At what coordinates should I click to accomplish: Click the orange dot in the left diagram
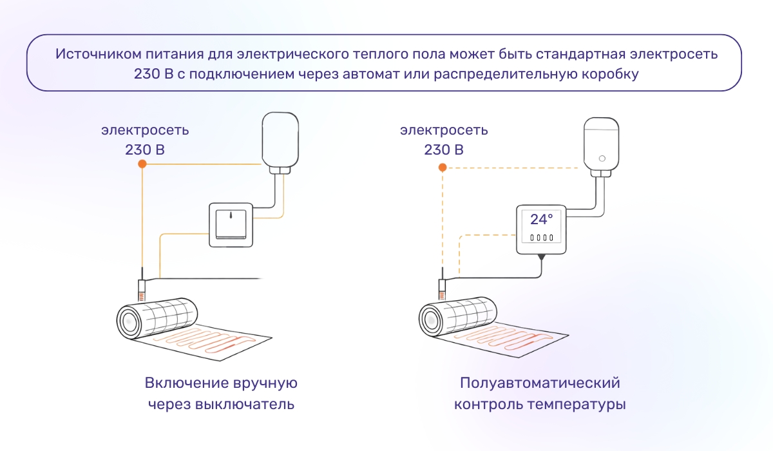tap(142, 164)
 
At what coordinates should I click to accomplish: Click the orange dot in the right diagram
tap(442, 168)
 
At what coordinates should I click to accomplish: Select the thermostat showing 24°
tap(541, 230)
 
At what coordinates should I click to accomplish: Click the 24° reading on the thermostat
tap(541, 219)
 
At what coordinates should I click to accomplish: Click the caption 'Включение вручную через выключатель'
tap(221, 394)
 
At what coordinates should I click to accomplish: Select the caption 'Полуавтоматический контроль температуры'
tap(540, 394)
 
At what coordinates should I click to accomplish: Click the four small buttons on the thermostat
tap(541, 238)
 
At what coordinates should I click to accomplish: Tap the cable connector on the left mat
tap(142, 288)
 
